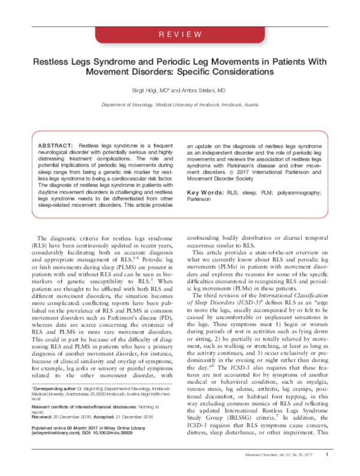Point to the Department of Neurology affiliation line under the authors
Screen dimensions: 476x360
[x=179, y=104]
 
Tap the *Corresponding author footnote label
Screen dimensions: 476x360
[x=55, y=406]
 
